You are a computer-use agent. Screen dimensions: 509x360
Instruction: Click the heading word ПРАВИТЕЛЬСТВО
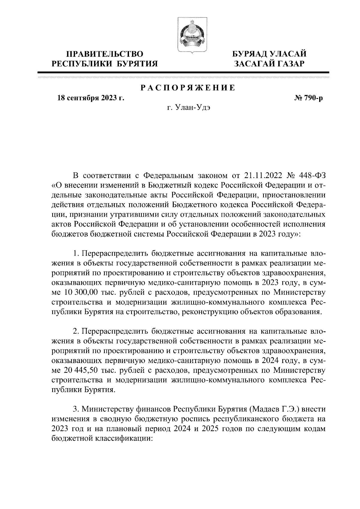105,54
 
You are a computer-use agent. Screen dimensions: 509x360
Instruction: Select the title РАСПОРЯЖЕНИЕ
188,88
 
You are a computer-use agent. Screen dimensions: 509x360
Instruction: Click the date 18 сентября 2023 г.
91,98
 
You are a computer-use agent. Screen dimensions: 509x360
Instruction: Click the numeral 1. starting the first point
76,253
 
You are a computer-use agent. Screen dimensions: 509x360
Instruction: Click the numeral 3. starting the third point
76,409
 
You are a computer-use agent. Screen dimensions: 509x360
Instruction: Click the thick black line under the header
184,72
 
